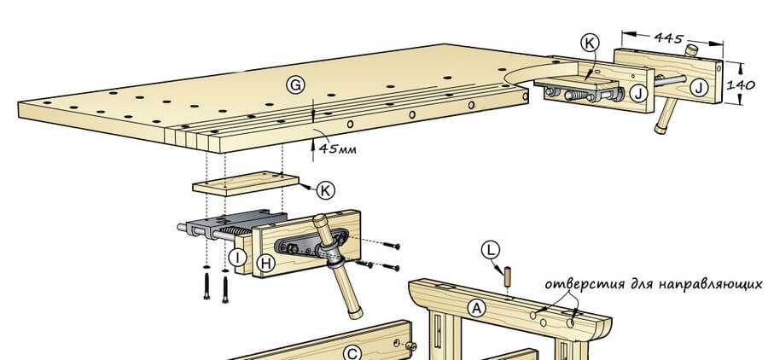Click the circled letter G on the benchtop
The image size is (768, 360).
coord(295,84)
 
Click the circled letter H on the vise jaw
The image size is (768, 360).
coord(265,264)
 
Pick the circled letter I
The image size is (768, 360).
coord(240,256)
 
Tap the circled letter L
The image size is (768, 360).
coord(490,250)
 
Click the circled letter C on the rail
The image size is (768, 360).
coord(352,353)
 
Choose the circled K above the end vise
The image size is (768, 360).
coord(589,42)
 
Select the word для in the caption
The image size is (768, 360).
coord(638,285)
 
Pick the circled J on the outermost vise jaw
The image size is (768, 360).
coord(699,85)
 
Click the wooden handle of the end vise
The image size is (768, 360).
coord(661,113)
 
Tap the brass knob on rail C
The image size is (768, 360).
coord(410,346)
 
